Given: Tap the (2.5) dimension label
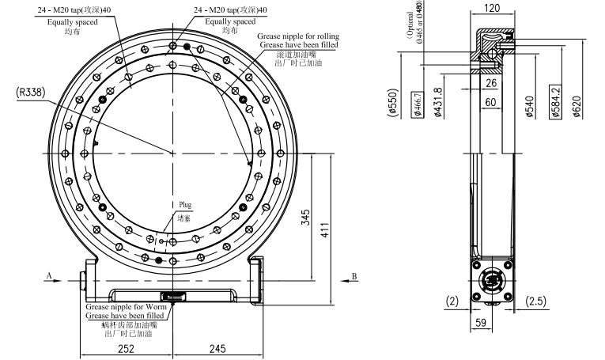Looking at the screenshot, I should point(535,301).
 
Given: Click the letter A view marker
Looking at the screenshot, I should point(49,276).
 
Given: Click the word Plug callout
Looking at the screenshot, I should point(184,204).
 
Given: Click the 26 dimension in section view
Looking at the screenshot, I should point(492,82).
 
